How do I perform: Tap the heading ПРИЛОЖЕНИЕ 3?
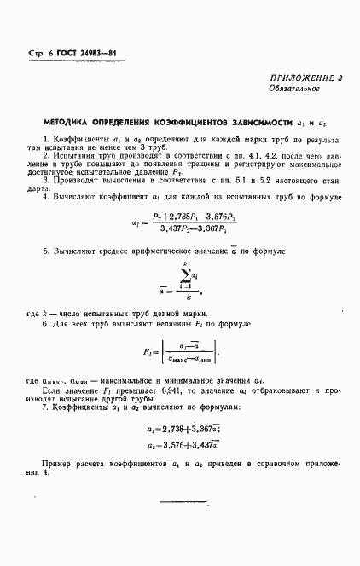(305, 78)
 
